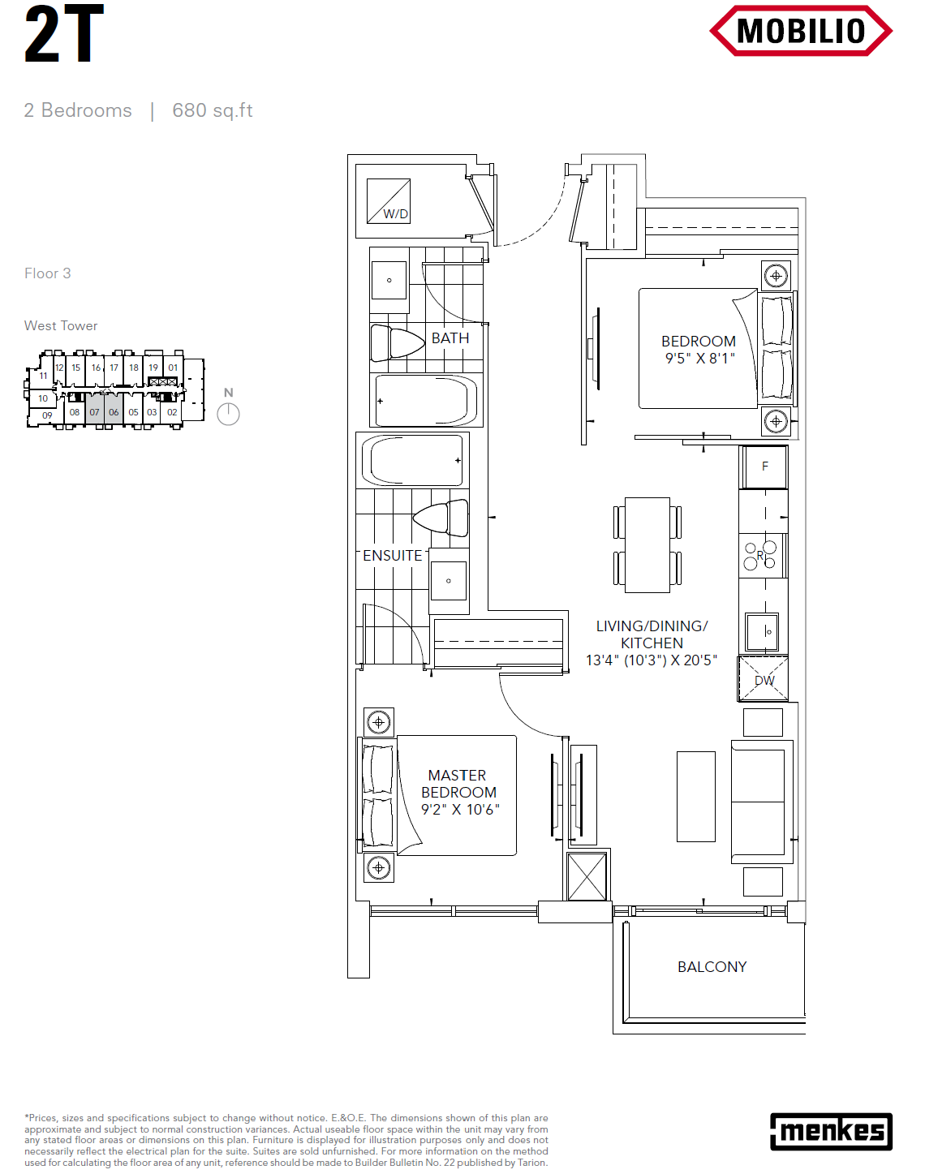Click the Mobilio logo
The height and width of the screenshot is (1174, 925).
[800, 31]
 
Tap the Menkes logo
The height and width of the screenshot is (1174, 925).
[831, 1132]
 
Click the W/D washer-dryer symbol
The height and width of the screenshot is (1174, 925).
[388, 200]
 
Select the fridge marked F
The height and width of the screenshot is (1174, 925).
[764, 467]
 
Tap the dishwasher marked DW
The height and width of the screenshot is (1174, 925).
[763, 678]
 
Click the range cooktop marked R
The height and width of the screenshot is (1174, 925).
[763, 556]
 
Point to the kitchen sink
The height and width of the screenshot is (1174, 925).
[762, 632]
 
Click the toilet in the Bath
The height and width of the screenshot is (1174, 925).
[398, 342]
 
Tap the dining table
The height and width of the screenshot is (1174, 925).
[647, 544]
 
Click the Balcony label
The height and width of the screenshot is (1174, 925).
[712, 966]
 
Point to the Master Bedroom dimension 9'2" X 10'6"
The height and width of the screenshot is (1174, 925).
[459, 810]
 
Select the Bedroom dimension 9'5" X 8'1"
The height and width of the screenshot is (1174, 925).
[699, 359]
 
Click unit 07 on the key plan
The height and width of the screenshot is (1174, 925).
[94, 412]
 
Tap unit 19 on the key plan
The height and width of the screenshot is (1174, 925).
[153, 368]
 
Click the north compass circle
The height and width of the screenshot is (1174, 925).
[228, 414]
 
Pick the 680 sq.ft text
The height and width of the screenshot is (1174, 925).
[213, 110]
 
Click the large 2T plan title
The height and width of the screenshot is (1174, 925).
[64, 34]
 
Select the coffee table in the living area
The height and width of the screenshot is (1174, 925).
[696, 797]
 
